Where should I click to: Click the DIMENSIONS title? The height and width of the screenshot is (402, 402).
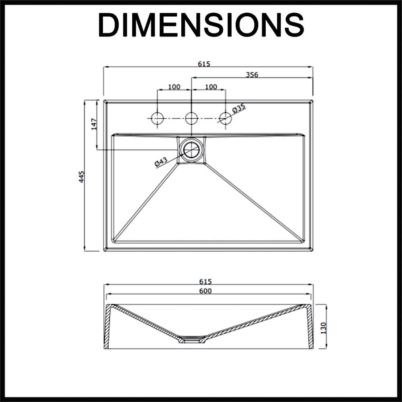201,25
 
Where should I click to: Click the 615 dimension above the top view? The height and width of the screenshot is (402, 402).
204,64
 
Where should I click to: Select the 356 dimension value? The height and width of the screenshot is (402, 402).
252,75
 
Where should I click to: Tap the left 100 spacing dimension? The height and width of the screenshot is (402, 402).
174,87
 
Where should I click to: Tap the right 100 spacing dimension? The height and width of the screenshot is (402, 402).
211,87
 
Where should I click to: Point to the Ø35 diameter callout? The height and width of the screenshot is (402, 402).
239,108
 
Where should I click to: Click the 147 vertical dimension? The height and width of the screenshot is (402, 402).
94,124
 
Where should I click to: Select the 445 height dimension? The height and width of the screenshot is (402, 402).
81,176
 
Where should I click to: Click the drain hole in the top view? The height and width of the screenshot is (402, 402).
191,150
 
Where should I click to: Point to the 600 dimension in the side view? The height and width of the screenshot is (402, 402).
205,291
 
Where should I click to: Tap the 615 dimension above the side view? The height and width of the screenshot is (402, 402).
205,282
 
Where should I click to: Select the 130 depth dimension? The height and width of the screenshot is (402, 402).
324,328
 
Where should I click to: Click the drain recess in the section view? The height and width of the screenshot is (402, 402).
193,339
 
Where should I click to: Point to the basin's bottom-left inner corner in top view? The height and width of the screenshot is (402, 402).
114,241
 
